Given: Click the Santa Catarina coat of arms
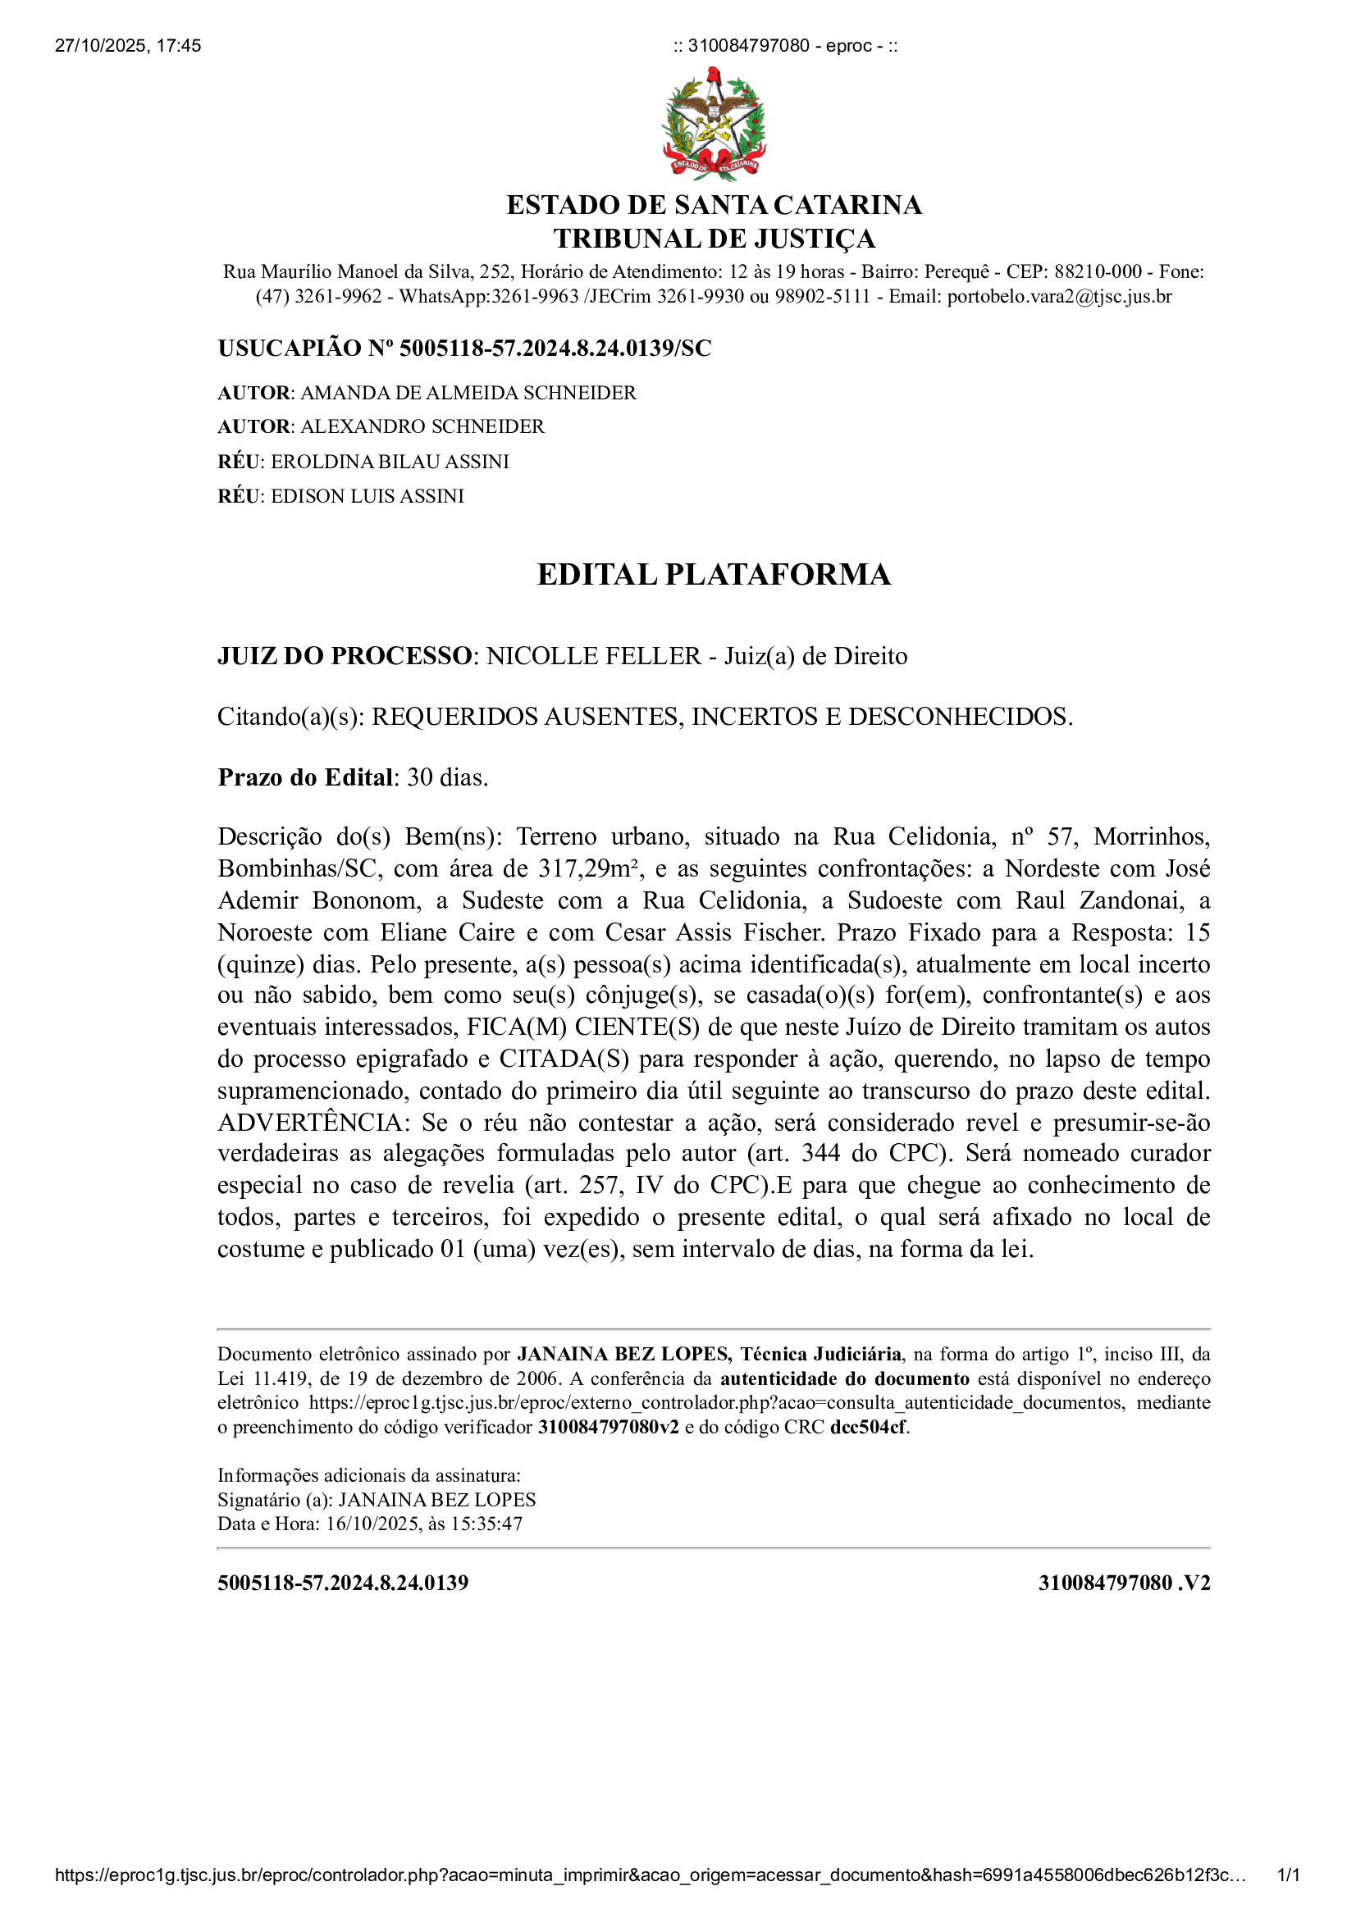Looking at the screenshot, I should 714,125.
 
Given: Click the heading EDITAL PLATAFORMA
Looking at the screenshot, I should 714,575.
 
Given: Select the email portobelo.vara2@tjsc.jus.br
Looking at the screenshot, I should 1058,297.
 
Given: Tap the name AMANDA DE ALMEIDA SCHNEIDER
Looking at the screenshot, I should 468,393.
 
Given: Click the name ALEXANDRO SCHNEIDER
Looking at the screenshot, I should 422,427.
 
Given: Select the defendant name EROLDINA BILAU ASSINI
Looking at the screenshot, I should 390,462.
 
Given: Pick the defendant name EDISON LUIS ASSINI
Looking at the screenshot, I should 367,496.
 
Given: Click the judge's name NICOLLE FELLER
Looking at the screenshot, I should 593,656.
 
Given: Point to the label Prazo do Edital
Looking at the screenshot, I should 305,777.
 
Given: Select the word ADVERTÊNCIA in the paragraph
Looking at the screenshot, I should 308,1123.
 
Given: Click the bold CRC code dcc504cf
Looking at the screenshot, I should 867,1428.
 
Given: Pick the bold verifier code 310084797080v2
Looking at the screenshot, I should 608,1428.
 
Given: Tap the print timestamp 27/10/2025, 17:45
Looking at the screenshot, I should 128,46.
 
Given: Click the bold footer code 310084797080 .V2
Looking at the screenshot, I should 1124,1583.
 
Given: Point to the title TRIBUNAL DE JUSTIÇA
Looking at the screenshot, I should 714,239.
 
